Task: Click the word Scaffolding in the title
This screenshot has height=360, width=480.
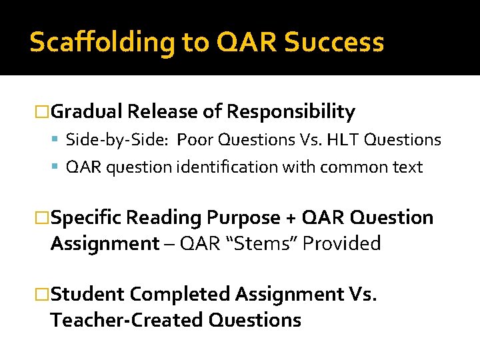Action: (x=103, y=43)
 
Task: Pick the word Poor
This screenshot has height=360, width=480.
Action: (x=194, y=140)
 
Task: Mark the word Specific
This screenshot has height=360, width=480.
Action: (x=87, y=218)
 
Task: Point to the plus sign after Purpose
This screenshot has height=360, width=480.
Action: (x=288, y=219)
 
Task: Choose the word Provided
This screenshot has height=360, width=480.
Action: (x=341, y=244)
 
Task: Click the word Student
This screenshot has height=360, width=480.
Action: (x=87, y=294)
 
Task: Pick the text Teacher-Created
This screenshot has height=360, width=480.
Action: (x=127, y=320)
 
